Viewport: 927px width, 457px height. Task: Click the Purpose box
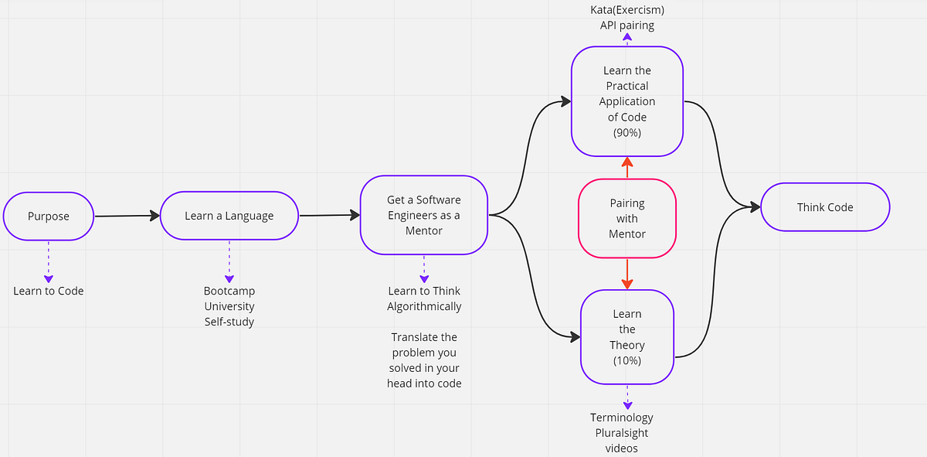point(48,216)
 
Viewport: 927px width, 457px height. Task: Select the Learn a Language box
point(229,216)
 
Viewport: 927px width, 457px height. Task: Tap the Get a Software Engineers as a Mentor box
point(423,215)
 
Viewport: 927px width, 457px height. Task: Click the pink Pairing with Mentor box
point(626,218)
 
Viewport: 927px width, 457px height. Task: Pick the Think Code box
point(824,207)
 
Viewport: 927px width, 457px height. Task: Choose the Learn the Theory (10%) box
point(626,336)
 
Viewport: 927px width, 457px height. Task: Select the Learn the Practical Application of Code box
point(626,101)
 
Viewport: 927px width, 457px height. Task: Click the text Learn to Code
point(48,291)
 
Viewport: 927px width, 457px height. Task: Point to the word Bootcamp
point(229,291)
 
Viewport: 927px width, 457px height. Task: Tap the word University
point(229,306)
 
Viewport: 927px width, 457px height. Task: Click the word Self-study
point(229,322)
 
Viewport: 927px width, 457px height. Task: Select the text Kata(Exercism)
point(626,9)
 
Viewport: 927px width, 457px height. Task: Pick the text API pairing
point(626,25)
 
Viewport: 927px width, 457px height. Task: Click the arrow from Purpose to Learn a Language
point(127,217)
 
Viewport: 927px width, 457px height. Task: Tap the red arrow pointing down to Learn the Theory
point(626,273)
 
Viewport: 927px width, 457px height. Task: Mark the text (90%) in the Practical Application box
point(626,132)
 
